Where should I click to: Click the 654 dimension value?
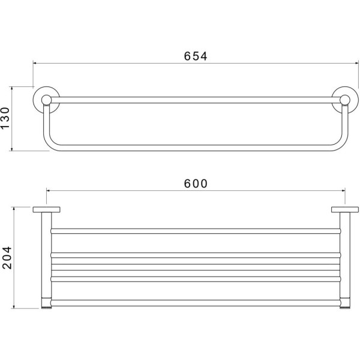[196, 56]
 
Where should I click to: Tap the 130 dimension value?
[5, 118]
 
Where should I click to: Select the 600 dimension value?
[196, 184]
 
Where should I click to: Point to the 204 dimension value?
[7, 257]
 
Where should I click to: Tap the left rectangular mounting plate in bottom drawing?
[46, 209]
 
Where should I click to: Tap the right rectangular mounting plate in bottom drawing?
[345, 209]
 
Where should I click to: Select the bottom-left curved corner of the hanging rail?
[50, 145]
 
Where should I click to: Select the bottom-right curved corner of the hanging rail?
[341, 145]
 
